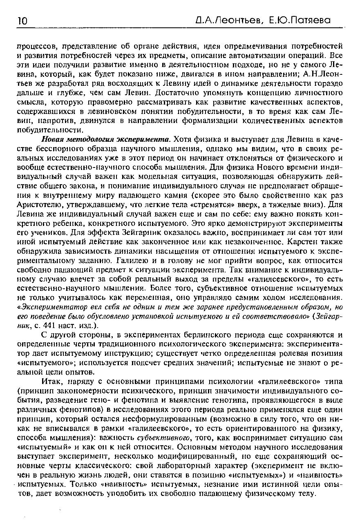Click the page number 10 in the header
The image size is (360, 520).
click(x=22, y=20)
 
